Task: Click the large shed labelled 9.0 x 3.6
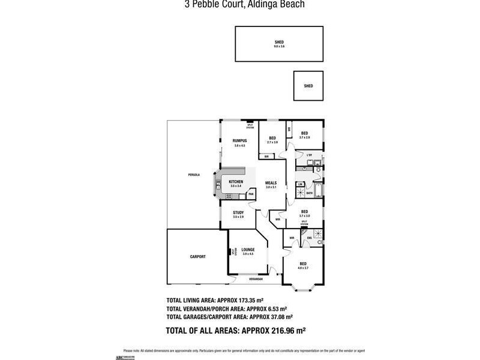point(279,44)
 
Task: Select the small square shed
point(308,86)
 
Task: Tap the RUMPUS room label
point(240,141)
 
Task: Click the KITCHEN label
point(236,182)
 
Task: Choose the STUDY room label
point(238,212)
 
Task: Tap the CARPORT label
point(198,256)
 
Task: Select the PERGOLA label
point(193,175)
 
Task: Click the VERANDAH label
point(256,279)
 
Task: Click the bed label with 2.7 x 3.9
point(272,137)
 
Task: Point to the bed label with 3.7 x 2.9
point(305,133)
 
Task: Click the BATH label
point(310,193)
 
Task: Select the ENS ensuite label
point(310,238)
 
